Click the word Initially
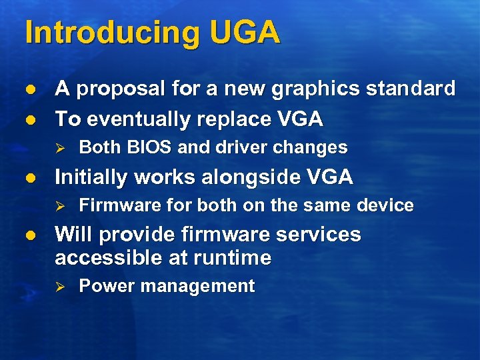[x=93, y=177]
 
